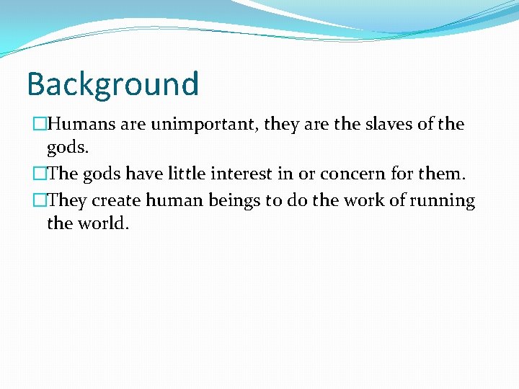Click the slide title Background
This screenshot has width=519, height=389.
(112, 84)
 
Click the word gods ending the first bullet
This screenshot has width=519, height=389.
(66, 148)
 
